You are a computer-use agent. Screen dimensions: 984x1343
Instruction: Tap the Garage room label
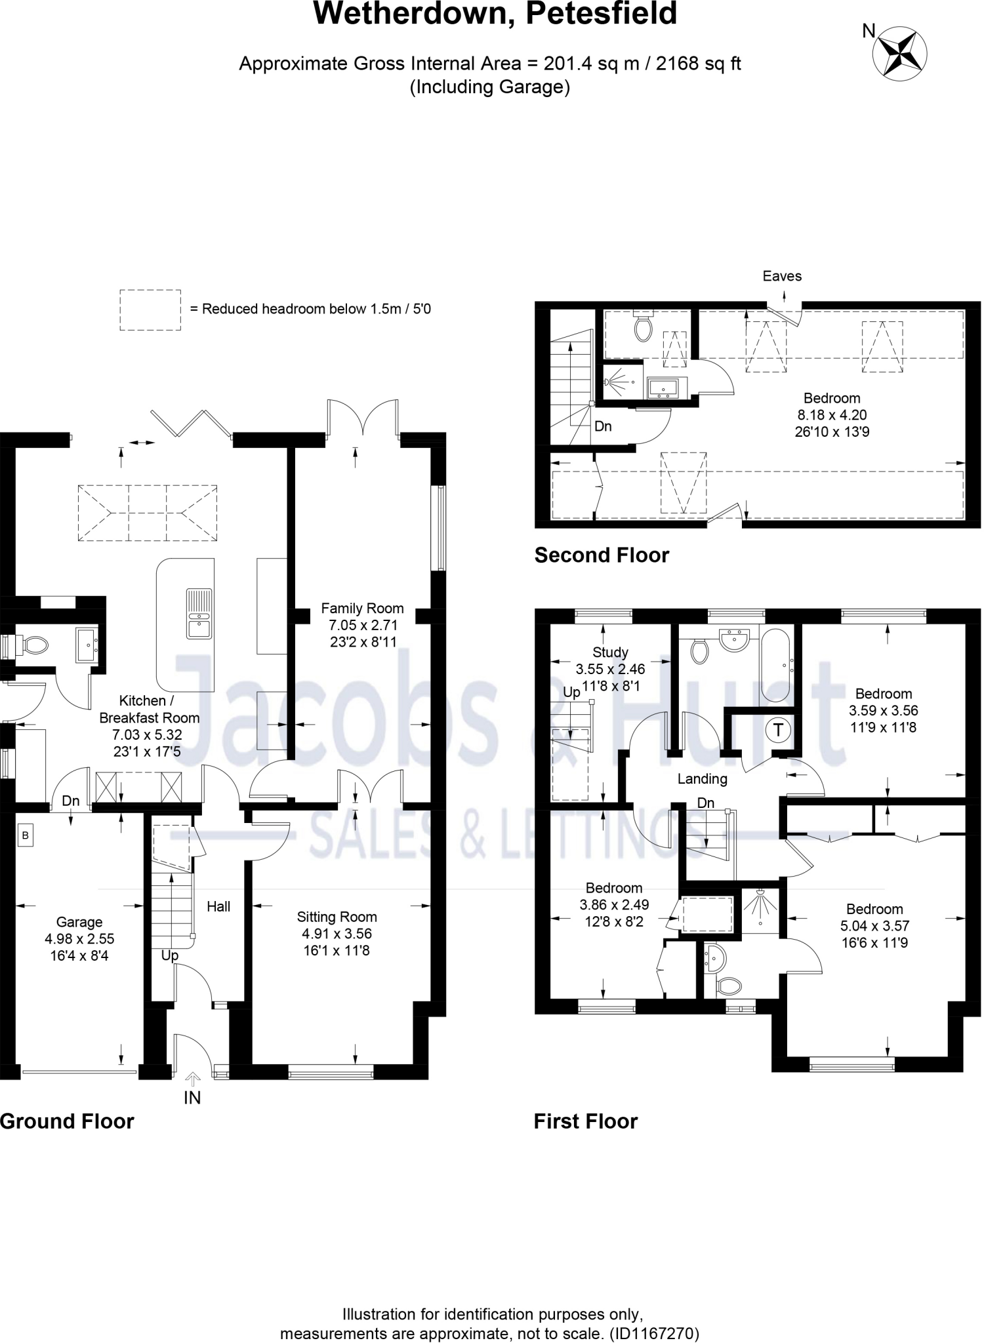pyautogui.click(x=79, y=922)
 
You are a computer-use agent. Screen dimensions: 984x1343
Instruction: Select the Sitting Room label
pyautogui.click(x=337, y=917)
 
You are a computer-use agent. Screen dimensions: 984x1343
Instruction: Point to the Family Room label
pyautogui.click(x=362, y=608)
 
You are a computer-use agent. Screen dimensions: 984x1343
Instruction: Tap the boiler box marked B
pyautogui.click(x=26, y=835)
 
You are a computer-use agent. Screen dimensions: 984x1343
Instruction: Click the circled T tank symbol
pyautogui.click(x=778, y=730)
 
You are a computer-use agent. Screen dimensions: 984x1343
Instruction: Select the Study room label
pyautogui.click(x=610, y=652)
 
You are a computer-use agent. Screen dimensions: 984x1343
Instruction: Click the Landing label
pyautogui.click(x=703, y=778)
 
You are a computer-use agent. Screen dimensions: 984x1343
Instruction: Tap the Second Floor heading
pyautogui.click(x=602, y=555)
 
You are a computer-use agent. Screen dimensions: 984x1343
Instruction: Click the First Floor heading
pyautogui.click(x=585, y=1121)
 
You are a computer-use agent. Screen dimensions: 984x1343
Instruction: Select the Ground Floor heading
pyautogui.click(x=67, y=1121)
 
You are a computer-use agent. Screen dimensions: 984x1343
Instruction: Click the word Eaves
pyautogui.click(x=782, y=276)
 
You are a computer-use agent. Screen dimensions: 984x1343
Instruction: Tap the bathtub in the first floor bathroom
pyautogui.click(x=777, y=666)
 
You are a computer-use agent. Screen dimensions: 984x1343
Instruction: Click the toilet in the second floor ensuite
pyautogui.click(x=643, y=327)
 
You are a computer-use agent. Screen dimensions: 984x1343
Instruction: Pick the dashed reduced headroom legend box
pyautogui.click(x=150, y=310)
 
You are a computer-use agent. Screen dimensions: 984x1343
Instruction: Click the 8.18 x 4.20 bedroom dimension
pyautogui.click(x=832, y=414)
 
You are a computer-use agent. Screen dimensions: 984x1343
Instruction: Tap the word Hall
pyautogui.click(x=218, y=906)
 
